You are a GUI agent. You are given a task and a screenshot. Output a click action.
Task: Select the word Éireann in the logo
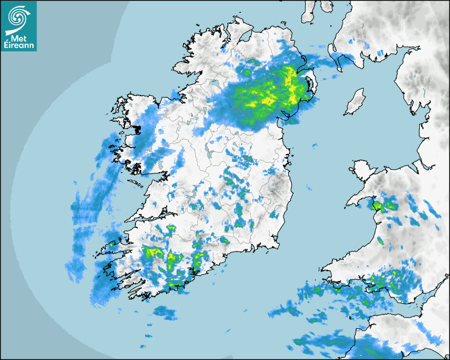[x=19, y=46]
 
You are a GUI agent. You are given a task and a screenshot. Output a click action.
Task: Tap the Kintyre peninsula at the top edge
[x=309, y=11]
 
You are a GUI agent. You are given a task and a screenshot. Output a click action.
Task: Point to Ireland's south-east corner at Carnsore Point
[x=276, y=247]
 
